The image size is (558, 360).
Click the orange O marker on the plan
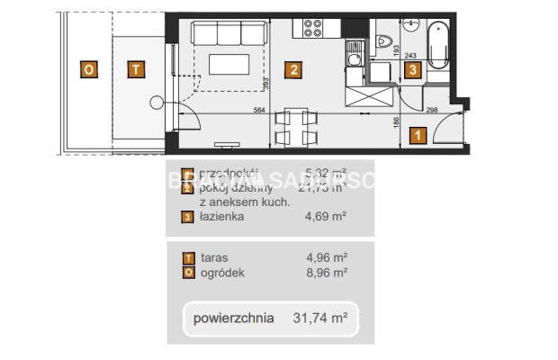88,68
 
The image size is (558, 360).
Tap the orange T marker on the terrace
134,68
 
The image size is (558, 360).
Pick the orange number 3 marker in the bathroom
411,68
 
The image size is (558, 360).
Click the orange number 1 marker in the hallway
417,136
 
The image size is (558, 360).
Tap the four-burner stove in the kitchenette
315,28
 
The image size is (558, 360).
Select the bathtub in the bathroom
440,44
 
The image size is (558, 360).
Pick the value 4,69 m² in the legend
327,217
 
